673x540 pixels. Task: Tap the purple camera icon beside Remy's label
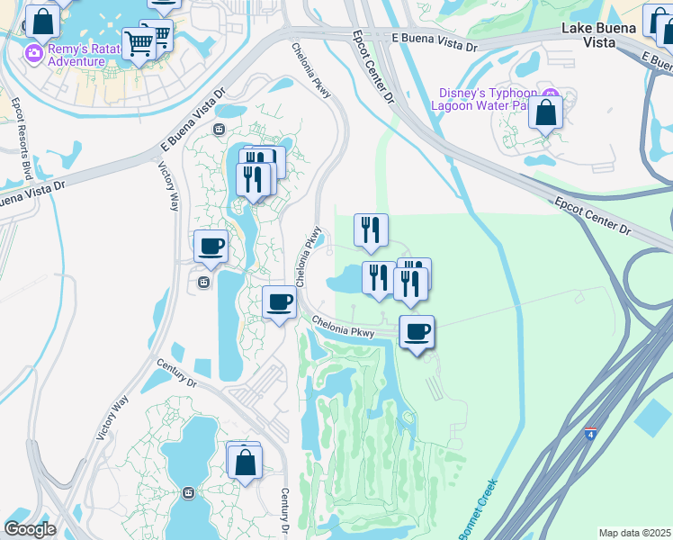34,54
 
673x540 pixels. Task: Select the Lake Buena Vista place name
599,35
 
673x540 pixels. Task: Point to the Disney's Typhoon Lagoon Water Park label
487,99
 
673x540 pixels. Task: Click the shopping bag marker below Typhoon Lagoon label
545,113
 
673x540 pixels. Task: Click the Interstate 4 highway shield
589,433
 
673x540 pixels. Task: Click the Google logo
31,529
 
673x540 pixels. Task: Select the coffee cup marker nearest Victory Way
211,247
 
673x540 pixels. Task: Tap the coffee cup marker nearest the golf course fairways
417,332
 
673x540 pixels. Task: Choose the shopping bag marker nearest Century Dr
245,463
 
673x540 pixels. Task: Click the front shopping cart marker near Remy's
139,42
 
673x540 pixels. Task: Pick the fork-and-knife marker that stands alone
370,230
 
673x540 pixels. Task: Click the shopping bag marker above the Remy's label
40,20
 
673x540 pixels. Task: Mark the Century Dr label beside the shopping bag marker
283,508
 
